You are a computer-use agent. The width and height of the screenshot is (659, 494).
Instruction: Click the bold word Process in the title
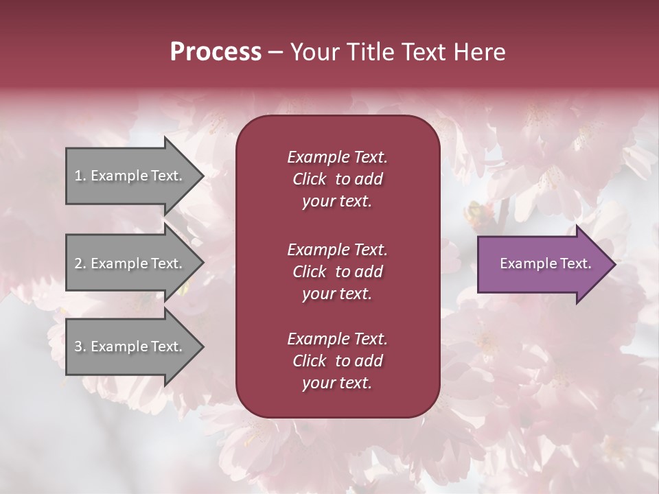(x=216, y=52)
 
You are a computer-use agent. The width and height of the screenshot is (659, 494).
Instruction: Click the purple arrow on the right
(x=542, y=264)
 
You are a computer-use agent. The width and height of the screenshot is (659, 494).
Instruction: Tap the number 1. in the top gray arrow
(x=80, y=176)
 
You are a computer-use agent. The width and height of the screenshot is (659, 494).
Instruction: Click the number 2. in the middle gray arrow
(x=80, y=263)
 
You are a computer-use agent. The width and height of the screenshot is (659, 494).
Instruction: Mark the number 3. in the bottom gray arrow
(x=80, y=346)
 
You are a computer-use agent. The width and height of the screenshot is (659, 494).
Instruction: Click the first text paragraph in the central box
(x=337, y=179)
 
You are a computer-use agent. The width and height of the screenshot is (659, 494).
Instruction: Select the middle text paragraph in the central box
(x=337, y=272)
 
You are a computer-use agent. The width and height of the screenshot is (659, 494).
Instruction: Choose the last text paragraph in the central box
(x=337, y=361)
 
